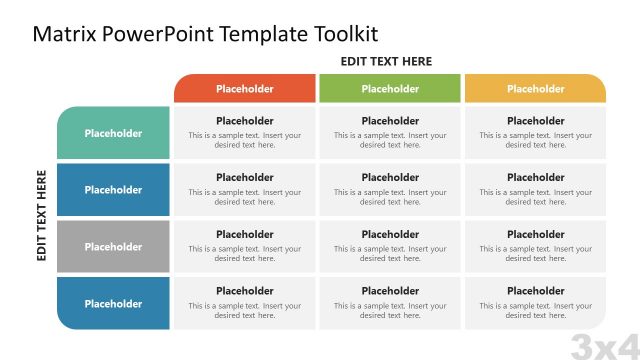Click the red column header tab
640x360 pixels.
(245, 89)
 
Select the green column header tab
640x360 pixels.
(390, 89)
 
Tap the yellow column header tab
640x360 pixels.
(535, 89)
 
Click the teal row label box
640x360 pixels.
(113, 133)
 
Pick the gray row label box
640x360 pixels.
(113, 247)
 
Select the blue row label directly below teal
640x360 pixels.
(113, 190)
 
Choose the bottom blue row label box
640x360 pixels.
(113, 304)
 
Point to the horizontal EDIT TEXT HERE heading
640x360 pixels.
(386, 61)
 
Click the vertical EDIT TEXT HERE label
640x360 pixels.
(42, 215)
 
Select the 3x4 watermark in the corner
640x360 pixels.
(604, 345)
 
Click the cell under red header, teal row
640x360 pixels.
(245, 133)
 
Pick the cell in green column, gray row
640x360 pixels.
(390, 247)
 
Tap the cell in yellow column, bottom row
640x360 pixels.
(535, 304)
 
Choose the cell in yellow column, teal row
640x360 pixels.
(535, 133)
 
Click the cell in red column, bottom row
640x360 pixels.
(245, 304)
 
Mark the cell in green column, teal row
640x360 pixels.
(390, 133)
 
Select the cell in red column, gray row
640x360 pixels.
(245, 247)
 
